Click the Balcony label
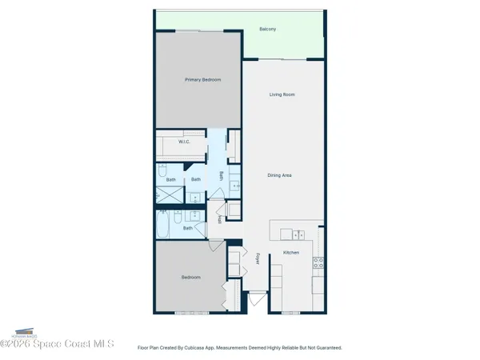coord(268,30)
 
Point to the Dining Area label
coord(279,174)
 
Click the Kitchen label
coord(291,253)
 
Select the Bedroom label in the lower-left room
coord(190,277)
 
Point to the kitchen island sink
coord(297,234)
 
